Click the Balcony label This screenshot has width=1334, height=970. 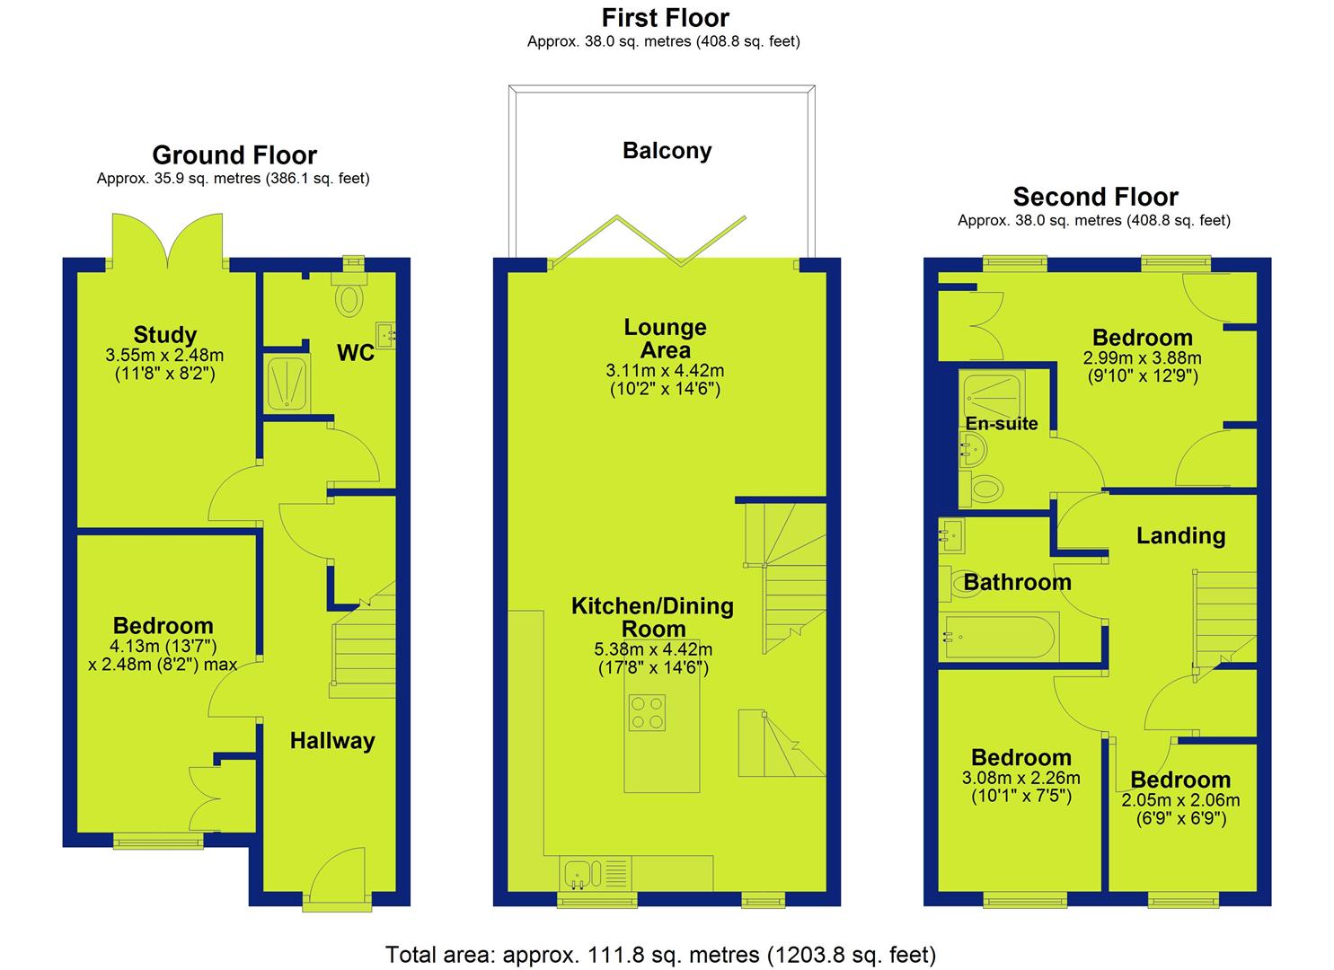tap(667, 151)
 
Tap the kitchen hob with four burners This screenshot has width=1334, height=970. tap(647, 713)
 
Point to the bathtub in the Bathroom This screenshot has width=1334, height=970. tap(998, 637)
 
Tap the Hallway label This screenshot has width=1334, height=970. tap(332, 741)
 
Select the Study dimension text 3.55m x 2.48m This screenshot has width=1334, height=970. tap(164, 356)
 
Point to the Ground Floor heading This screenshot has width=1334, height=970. tap(234, 155)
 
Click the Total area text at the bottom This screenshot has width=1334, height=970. tap(660, 955)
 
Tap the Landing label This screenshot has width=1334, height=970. tap(1180, 536)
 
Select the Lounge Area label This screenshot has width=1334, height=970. tap(666, 339)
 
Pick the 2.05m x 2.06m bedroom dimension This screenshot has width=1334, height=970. tap(1180, 799)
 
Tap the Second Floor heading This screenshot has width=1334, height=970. tap(1095, 197)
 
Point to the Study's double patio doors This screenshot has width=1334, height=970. tap(168, 242)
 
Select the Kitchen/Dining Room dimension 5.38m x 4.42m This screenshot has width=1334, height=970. tap(653, 649)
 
